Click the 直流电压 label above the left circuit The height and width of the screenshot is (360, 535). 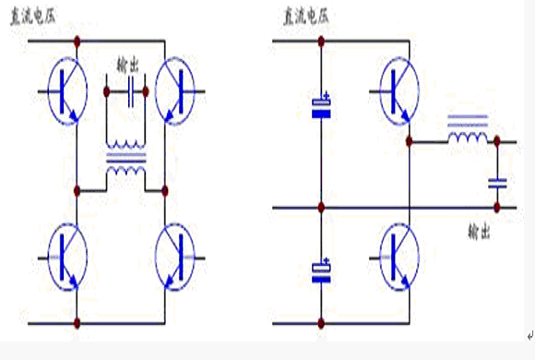point(33,16)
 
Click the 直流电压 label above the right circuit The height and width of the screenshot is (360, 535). point(306,16)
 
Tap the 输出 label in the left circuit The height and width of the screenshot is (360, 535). point(127,65)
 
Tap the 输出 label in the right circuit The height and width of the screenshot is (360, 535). point(479,232)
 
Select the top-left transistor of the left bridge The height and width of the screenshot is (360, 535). point(67,91)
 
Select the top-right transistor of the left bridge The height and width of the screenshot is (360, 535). point(174,91)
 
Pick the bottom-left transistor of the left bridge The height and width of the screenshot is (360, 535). point(67,258)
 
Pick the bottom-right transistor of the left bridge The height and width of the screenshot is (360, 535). point(174,258)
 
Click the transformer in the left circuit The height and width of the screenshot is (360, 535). point(125,158)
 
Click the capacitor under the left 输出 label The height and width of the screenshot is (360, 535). point(131,91)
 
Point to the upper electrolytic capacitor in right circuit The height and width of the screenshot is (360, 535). point(321,106)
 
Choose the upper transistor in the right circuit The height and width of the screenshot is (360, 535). point(399,91)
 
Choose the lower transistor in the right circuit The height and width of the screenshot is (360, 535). point(399,258)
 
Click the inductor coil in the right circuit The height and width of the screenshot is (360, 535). point(468,130)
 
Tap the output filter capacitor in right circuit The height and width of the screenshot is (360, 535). point(497,184)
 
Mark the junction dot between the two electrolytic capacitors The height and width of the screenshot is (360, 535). point(321,207)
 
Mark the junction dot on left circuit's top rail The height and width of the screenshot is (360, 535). point(77,42)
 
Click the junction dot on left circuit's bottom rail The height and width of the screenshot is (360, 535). point(77,322)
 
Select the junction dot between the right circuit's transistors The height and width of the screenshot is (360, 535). point(410,141)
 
